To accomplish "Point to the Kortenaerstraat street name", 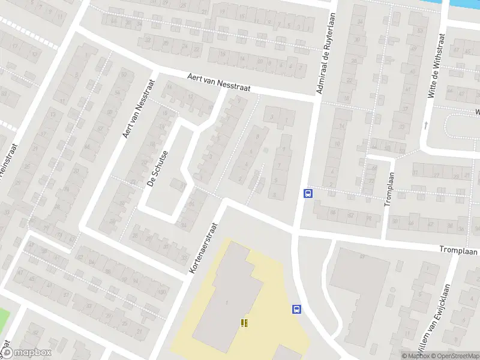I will click(204, 245).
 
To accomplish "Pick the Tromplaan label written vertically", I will click(390, 188).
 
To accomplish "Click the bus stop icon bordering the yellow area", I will click(296, 310).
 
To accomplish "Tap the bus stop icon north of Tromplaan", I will click(308, 193).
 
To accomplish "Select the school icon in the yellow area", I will click(244, 323).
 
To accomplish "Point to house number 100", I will click(163, 292).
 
